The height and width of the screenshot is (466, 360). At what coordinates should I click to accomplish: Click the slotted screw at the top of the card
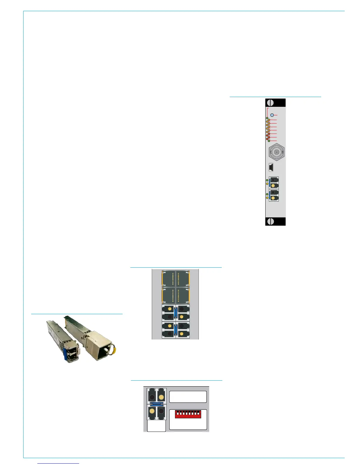(270, 103)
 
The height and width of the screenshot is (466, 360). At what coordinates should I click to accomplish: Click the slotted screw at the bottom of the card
(270, 221)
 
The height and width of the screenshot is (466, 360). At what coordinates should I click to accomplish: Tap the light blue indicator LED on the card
(272, 115)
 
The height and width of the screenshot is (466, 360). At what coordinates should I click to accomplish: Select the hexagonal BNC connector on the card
(276, 152)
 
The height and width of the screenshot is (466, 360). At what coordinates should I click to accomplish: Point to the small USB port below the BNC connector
(271, 167)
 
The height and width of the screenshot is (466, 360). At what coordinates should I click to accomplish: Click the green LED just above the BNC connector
(269, 141)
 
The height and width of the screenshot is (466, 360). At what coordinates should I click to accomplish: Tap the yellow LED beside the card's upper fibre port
(267, 184)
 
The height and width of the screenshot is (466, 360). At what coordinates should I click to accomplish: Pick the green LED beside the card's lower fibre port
(267, 194)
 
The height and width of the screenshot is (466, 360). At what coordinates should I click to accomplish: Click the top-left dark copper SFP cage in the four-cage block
(169, 279)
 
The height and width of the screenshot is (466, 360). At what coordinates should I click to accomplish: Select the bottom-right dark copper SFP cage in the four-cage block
(183, 295)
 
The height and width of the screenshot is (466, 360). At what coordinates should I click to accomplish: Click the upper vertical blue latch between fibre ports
(175, 312)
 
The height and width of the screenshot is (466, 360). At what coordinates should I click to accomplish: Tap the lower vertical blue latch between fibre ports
(175, 330)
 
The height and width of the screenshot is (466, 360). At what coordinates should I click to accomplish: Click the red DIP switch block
(188, 415)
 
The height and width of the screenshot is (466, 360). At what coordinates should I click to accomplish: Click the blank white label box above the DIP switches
(188, 397)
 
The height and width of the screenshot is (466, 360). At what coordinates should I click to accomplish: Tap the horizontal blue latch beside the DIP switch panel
(156, 404)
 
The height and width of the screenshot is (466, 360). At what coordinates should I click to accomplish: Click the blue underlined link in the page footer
(59, 463)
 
